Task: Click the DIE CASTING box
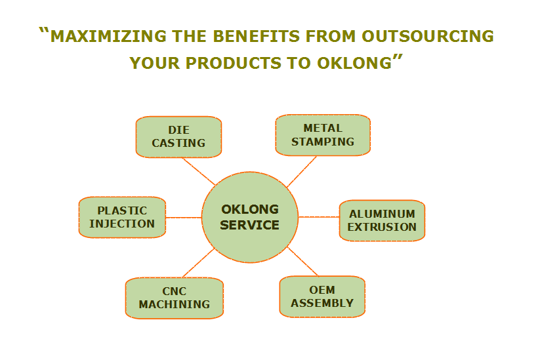[178, 137]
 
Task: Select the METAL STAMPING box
[323, 135]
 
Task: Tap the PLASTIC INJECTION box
[122, 217]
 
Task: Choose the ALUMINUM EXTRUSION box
[382, 220]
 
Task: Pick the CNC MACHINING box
[175, 298]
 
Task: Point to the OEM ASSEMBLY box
[322, 296]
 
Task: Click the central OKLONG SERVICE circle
[250, 217]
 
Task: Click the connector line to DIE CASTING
[199, 171]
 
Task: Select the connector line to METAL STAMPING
[302, 172]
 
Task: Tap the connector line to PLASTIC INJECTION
[184, 218]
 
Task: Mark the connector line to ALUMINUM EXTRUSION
[319, 217]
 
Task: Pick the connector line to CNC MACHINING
[199, 262]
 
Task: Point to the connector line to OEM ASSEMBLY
[302, 261]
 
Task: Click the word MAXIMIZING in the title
[108, 36]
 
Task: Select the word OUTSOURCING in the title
[428, 36]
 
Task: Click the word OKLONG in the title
[354, 63]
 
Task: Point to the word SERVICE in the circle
[249, 226]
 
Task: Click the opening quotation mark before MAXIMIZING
[44, 31]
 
